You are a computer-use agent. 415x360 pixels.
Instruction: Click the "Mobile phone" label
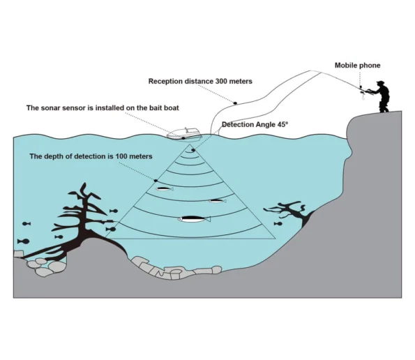tap(357, 66)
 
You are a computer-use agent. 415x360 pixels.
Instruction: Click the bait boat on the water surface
tap(184, 134)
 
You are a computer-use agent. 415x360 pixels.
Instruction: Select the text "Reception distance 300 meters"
tap(200, 81)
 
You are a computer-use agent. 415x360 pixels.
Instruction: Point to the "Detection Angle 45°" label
tap(255, 124)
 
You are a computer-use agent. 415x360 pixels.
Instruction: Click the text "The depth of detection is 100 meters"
tap(91, 156)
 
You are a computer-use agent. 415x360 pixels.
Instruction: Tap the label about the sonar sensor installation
tap(103, 107)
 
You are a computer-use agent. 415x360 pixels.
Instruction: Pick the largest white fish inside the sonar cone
tap(194, 219)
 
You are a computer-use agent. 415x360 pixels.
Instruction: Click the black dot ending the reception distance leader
tap(235, 103)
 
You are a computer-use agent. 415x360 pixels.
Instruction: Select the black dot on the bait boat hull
tap(183, 138)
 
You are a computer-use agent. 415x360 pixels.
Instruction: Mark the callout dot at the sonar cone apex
tap(193, 150)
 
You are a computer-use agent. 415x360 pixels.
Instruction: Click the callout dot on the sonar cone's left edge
tap(156, 181)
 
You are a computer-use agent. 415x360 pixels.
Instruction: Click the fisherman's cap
tap(380, 82)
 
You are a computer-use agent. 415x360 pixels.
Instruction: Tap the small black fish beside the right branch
tap(278, 224)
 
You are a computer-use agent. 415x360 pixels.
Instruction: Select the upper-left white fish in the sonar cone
tap(165, 189)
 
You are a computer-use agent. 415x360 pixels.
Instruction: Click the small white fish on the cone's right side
tap(218, 201)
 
